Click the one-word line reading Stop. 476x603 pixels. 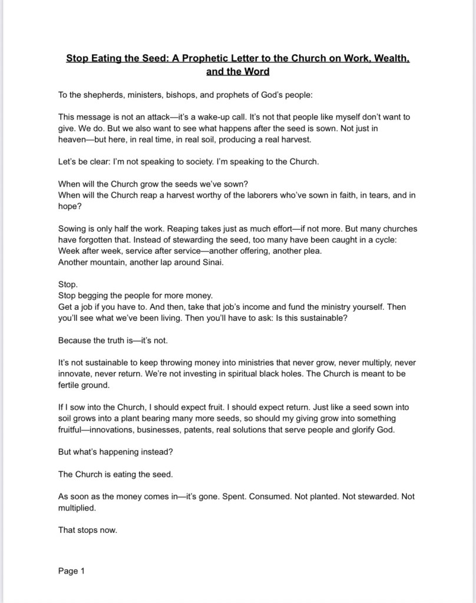(x=68, y=284)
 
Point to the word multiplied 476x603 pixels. (x=77, y=508)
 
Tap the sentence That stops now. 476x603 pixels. (x=88, y=530)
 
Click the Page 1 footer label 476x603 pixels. (x=71, y=571)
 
